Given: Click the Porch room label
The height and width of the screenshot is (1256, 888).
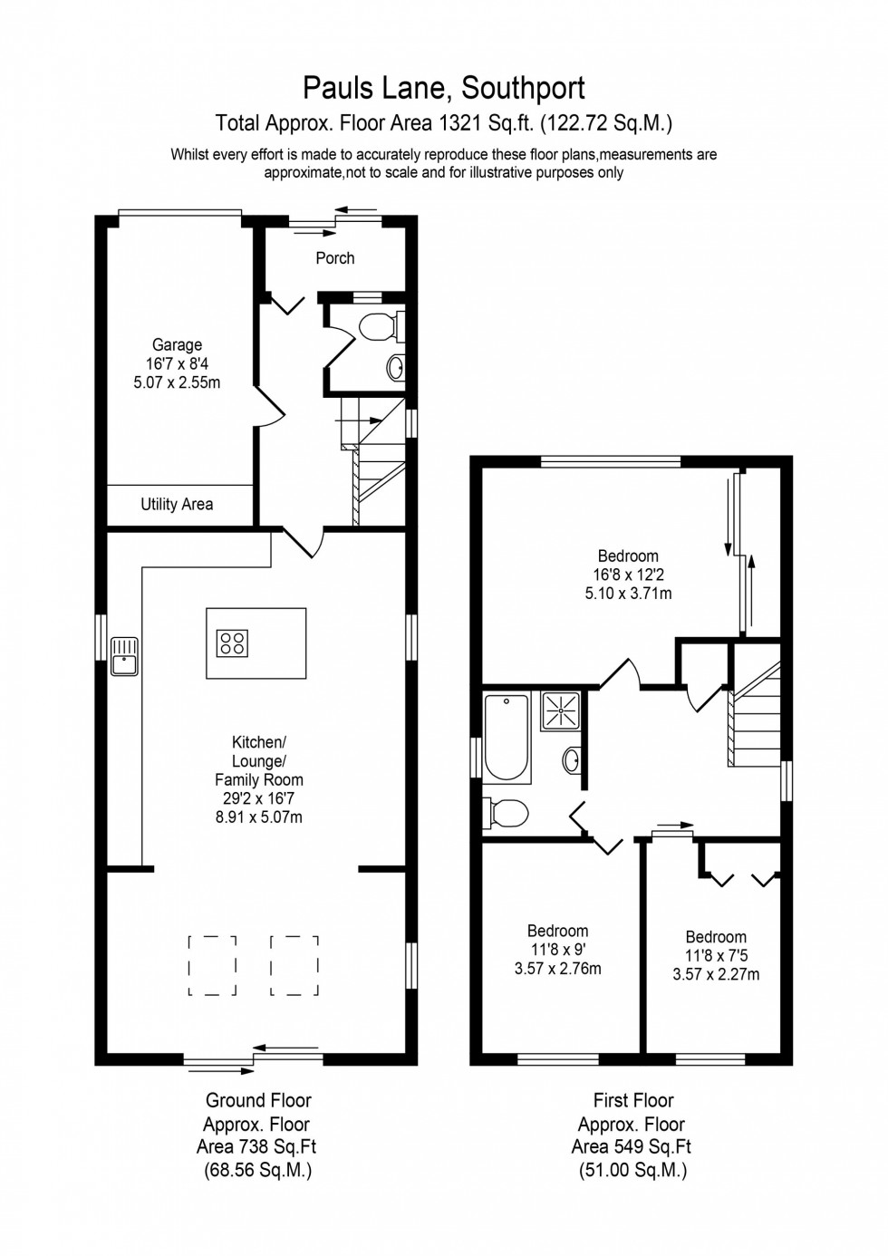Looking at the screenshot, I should pyautogui.click(x=334, y=258).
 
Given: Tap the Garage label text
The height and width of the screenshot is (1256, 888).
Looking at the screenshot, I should pyautogui.click(x=177, y=344).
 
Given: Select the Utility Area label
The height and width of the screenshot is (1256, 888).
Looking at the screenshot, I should pyautogui.click(x=177, y=504).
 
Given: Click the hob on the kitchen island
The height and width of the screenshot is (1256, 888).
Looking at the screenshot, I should pyautogui.click(x=232, y=643).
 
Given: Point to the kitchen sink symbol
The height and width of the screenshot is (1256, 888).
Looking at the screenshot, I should pyautogui.click(x=123, y=656).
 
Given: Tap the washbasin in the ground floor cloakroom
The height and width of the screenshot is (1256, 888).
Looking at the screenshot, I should pyautogui.click(x=396, y=367).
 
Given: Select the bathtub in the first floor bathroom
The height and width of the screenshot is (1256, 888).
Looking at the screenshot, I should pyautogui.click(x=507, y=737).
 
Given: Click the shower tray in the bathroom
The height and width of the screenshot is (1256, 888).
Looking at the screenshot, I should pyautogui.click(x=562, y=710).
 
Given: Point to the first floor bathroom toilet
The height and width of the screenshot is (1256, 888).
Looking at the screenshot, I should pyautogui.click(x=507, y=813).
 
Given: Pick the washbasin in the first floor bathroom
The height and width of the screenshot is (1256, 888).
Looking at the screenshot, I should pyautogui.click(x=573, y=759).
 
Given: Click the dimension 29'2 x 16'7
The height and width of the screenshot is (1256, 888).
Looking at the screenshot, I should pyautogui.click(x=259, y=798).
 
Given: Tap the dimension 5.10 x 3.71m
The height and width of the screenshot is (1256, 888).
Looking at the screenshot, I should pyautogui.click(x=628, y=594).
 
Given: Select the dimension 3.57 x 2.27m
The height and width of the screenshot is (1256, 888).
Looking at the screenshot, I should pyautogui.click(x=716, y=975).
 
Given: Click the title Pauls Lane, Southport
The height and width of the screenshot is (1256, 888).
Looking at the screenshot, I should pyautogui.click(x=443, y=88).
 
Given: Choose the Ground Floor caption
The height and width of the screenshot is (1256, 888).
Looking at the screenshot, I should pyautogui.click(x=258, y=1100).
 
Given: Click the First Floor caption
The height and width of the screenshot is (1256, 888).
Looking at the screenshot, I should pyautogui.click(x=633, y=1100).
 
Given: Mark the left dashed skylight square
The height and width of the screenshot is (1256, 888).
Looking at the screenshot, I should pyautogui.click(x=213, y=965).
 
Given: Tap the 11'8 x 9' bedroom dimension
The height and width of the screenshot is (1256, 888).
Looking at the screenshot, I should pyautogui.click(x=558, y=950).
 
